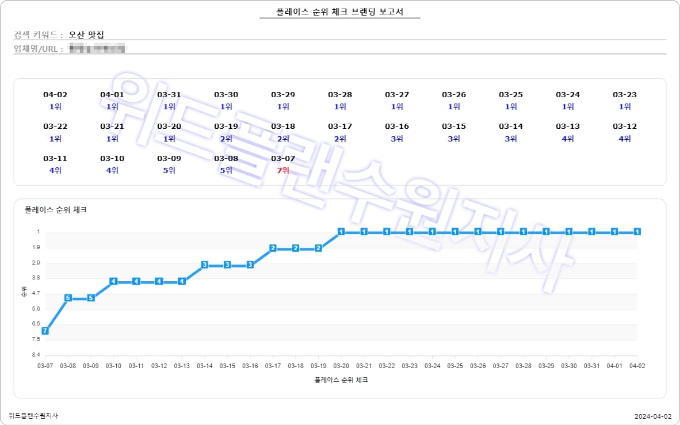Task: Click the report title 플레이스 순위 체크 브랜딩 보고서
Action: click(339, 12)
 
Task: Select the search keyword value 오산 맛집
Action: click(86, 35)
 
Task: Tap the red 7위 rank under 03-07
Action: click(283, 170)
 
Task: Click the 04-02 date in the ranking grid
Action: click(55, 94)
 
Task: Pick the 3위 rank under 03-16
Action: click(397, 139)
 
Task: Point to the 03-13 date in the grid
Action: click(568, 126)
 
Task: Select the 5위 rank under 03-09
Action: click(169, 170)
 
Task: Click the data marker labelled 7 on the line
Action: click(45, 331)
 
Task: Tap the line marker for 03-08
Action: click(68, 298)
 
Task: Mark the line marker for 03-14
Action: click(205, 265)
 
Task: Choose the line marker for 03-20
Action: click(341, 232)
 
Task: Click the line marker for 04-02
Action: click(637, 232)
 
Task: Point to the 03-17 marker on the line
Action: click(273, 248)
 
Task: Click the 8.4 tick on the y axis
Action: click(36, 355)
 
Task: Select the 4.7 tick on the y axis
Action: click(36, 293)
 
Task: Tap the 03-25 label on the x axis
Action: click(455, 366)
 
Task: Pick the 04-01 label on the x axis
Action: click(614, 366)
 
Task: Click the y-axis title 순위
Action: click(24, 293)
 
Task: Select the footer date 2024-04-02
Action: click(653, 416)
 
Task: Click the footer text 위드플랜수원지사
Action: click(33, 415)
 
